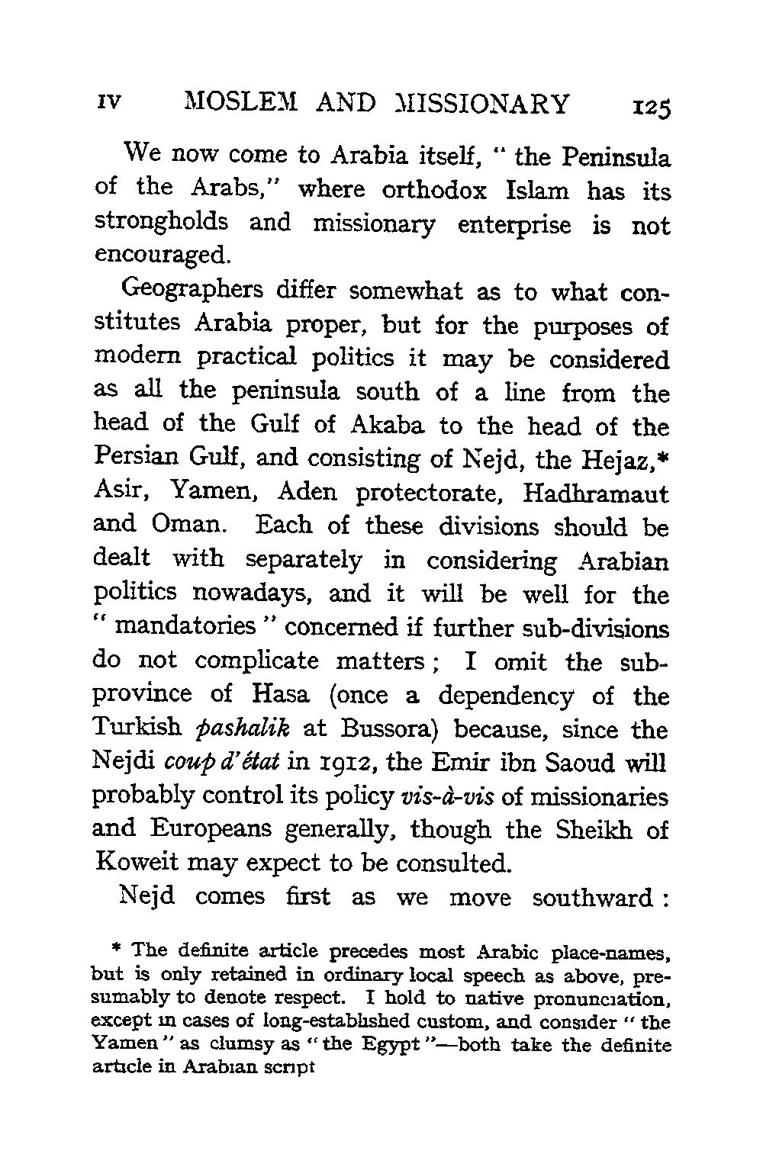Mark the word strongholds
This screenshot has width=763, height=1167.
tap(161, 223)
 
